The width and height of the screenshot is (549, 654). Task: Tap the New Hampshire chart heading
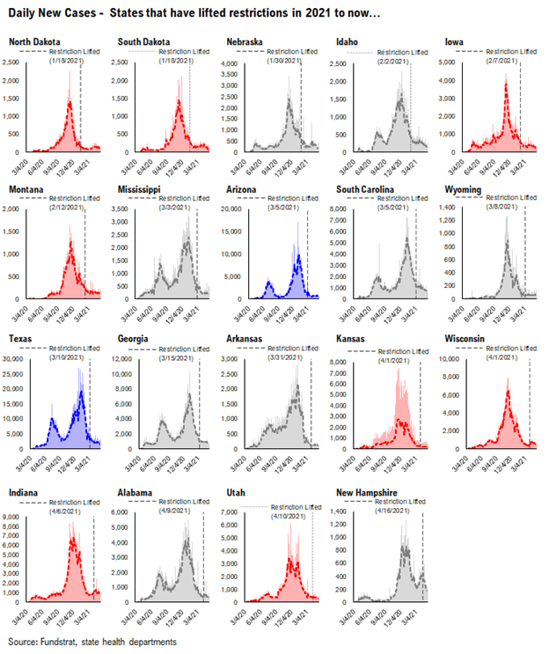pyautogui.click(x=371, y=487)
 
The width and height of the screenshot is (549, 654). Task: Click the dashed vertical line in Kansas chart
pyautogui.click(x=421, y=405)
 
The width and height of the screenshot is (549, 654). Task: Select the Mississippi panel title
pyautogui.click(x=143, y=189)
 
